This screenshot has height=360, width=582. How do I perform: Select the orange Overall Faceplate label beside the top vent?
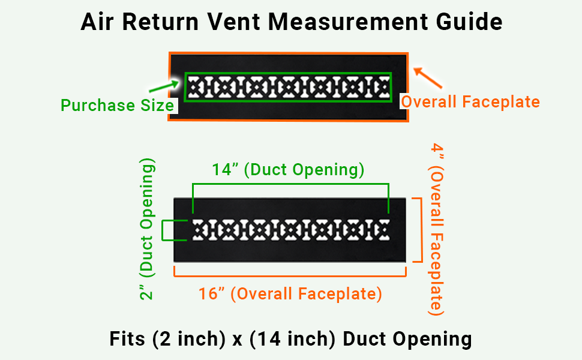pyautogui.click(x=470, y=102)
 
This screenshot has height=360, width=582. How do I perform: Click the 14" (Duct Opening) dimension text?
pyautogui.click(x=288, y=170)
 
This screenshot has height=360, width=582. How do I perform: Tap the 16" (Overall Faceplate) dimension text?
pyautogui.click(x=290, y=294)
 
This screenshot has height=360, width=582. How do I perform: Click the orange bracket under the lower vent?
pyautogui.click(x=290, y=274)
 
